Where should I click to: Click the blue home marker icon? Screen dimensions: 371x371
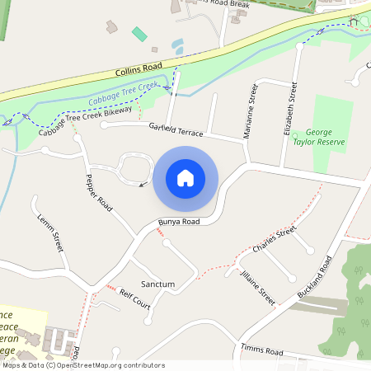[x=185, y=177]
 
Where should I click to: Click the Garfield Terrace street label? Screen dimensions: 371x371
[x=176, y=130]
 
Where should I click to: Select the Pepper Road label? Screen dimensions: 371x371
[x=98, y=190]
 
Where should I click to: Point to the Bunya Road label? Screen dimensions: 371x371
[x=179, y=222]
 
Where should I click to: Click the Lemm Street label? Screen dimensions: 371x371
[x=50, y=232]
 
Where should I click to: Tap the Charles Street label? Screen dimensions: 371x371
[x=275, y=239]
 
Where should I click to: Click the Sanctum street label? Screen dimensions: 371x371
[x=157, y=284]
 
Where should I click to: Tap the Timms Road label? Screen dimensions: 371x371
[x=256, y=350]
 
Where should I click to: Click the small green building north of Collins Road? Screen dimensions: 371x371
[x=139, y=34]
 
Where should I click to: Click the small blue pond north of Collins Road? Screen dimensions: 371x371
[x=177, y=45]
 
